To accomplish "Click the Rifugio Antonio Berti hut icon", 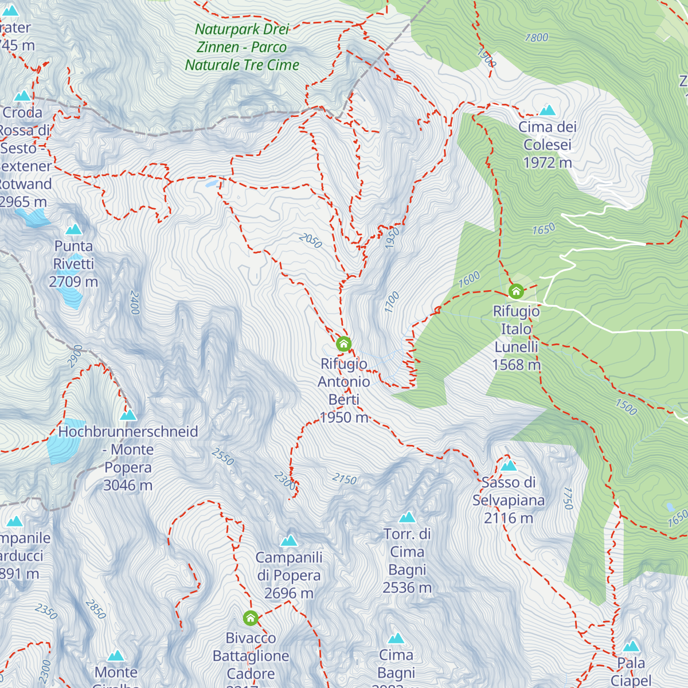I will [343, 344].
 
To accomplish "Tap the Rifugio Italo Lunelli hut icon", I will [516, 291].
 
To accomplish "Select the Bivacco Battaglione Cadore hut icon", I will [251, 618].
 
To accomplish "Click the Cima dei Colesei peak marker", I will [548, 110].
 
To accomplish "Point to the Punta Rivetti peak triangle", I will [73, 229].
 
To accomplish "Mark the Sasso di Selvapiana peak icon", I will [509, 466].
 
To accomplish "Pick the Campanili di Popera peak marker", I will [289, 540].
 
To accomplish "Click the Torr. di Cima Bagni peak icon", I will [407, 517].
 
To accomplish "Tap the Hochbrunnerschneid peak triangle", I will [128, 415].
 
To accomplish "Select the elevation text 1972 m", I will [548, 163].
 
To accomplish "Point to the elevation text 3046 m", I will [128, 486].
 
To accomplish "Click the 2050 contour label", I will [310, 240].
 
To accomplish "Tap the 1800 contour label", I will [537, 38].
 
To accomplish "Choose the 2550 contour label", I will [223, 456].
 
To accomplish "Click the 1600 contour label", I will [469, 280].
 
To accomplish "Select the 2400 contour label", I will [135, 303].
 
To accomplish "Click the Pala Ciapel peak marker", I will [631, 646].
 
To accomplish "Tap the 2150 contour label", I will [345, 479].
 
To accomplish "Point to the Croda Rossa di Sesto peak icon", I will [22, 95].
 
